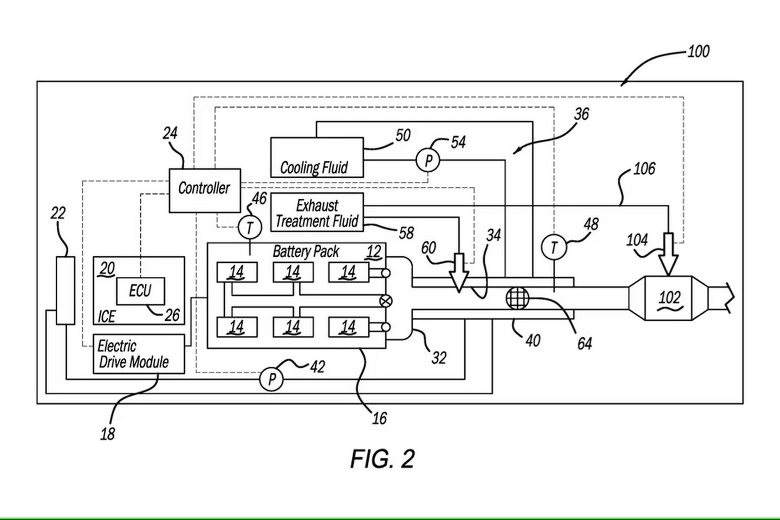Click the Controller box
pos(205,191)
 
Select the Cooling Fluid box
pos(317,158)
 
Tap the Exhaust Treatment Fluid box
pos(317,212)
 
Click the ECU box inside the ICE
pos(140,291)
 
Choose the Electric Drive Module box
pos(139,354)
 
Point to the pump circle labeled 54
pos(428,160)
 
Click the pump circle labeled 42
pos(271,379)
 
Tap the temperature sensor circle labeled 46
pos(250,228)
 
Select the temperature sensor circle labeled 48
pos(554,247)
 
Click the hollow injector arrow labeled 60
pos(459,272)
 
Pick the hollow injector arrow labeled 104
pos(668,254)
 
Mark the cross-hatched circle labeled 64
pos(517,298)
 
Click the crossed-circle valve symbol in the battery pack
pos(386,301)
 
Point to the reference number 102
pos(669,298)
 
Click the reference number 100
pos(699,51)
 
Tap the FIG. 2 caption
pos(382,459)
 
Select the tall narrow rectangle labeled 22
pos(66,291)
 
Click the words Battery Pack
pos(305,252)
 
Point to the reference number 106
pos(644,169)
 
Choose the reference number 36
pos(582,114)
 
